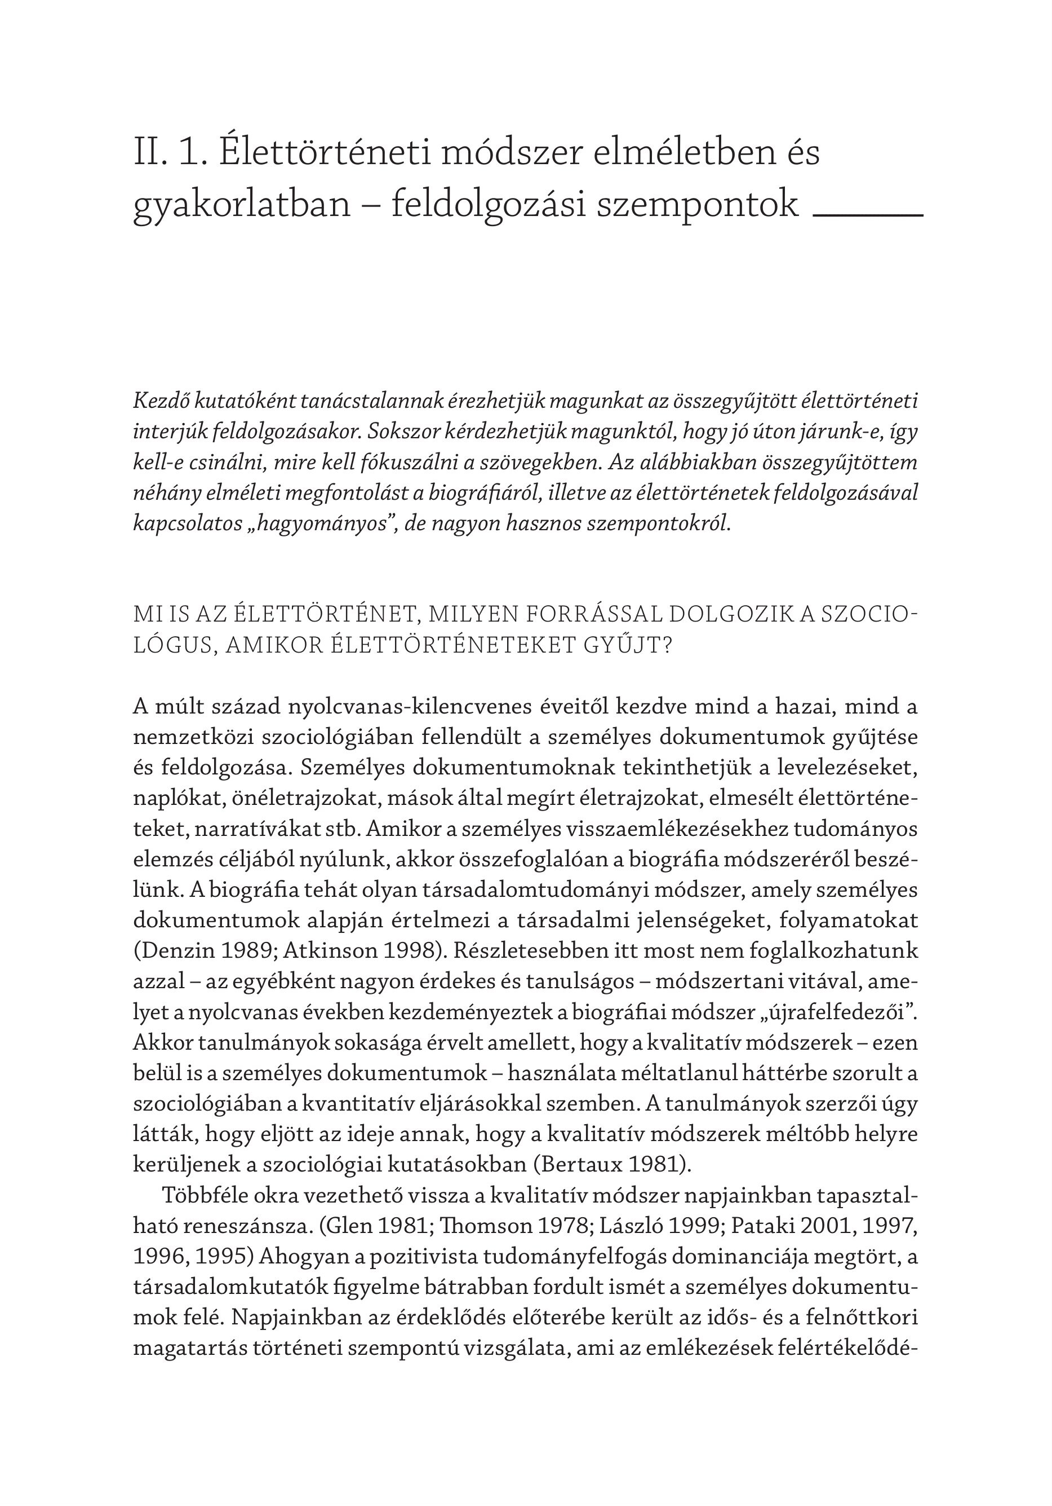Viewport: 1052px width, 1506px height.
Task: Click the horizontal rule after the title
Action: (867, 214)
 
